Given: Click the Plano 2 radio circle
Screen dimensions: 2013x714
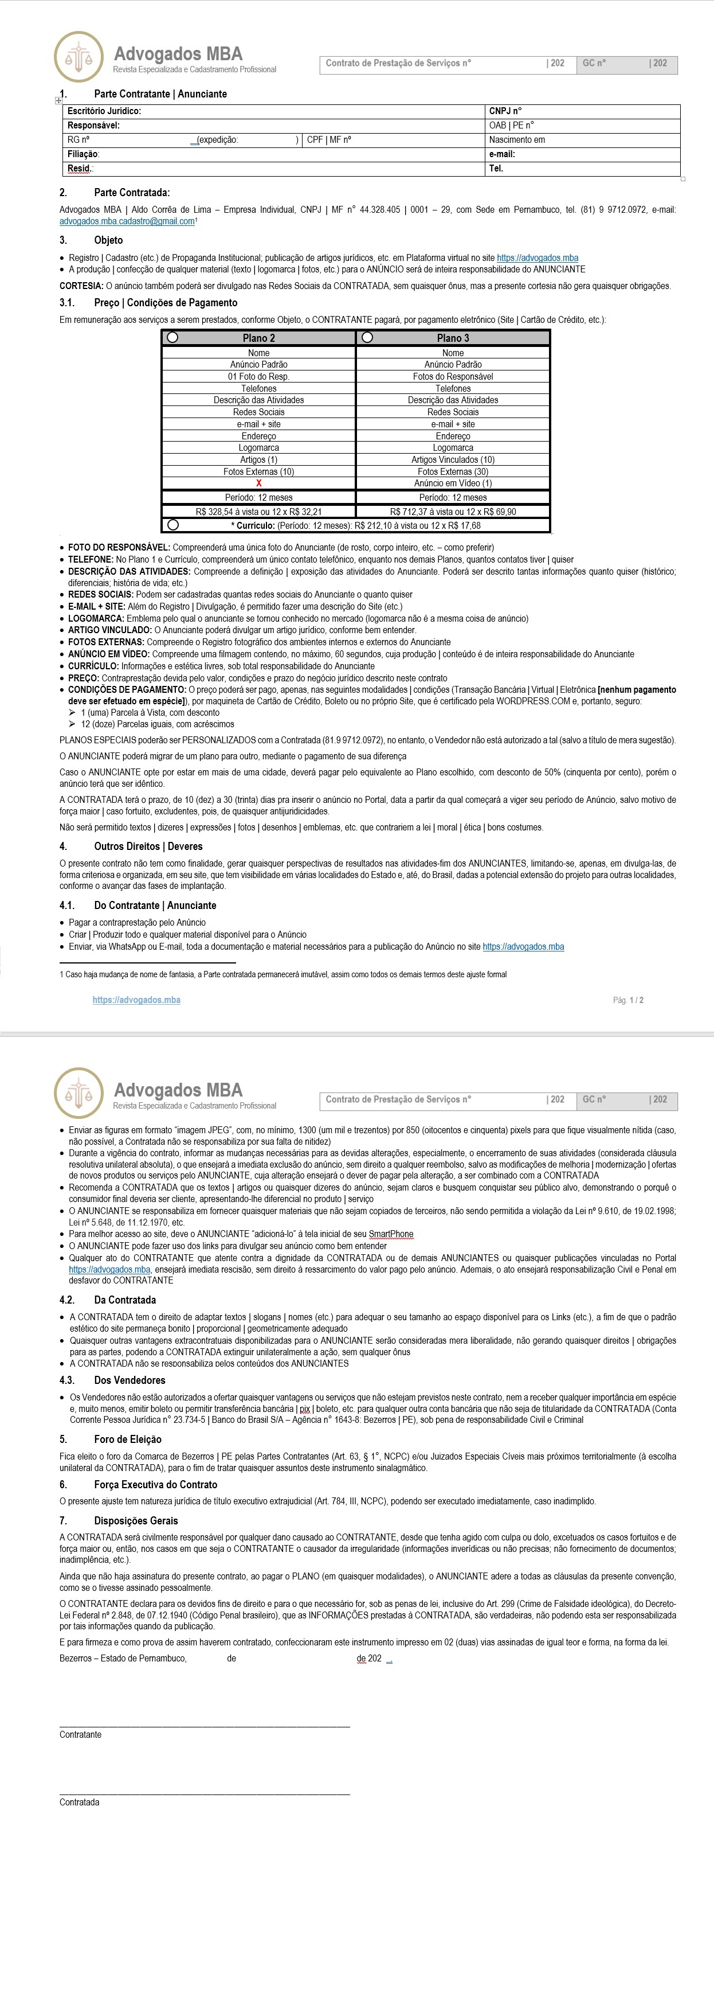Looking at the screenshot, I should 172,338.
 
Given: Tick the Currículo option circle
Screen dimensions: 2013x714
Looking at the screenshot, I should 172,525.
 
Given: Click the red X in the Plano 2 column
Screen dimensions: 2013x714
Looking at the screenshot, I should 258,483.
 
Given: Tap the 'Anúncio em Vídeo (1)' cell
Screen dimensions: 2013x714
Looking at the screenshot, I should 453,483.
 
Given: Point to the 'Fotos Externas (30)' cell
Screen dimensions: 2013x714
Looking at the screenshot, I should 453,472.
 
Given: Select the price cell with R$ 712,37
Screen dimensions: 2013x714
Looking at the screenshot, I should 453,512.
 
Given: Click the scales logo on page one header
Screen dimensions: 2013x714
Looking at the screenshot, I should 78,57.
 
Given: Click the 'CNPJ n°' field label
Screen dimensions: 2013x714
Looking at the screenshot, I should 505,111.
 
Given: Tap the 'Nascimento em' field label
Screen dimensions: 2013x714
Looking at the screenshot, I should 517,140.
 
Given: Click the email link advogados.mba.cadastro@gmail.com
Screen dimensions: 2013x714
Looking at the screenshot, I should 127,221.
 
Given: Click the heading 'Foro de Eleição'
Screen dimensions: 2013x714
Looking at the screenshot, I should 127,1439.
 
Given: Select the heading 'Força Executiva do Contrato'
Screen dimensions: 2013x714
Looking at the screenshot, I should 155,1485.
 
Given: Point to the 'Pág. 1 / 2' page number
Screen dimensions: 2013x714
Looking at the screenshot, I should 628,1000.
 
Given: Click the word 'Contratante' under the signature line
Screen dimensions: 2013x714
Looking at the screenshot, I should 80,1735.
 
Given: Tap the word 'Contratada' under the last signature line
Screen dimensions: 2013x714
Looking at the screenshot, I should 80,1803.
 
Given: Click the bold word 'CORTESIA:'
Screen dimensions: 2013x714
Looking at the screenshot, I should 81,286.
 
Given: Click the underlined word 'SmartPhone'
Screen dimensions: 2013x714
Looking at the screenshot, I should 391,1234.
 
